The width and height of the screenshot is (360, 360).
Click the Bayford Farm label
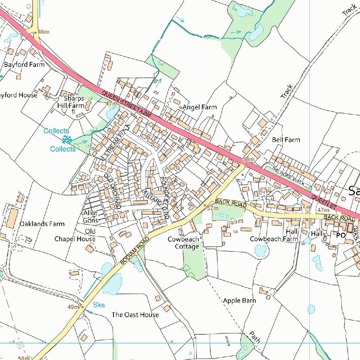tap(24, 65)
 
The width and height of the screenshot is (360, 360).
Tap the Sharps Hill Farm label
tap(73, 102)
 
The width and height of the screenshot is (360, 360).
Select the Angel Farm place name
tap(199, 107)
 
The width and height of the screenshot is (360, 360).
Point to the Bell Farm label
tap(286, 140)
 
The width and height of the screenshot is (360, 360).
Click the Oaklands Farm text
tap(42, 224)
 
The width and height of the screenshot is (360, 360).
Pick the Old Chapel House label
tap(75, 235)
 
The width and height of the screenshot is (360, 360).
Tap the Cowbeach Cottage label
tap(183, 243)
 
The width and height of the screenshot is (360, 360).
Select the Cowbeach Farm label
tap(274, 239)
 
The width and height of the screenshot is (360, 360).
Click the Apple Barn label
tap(239, 301)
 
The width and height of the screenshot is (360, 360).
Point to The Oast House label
tap(135, 315)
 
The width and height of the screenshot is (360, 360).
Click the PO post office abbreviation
tap(341, 236)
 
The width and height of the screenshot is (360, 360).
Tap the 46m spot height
tap(43, 32)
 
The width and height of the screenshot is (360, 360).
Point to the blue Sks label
tap(99, 305)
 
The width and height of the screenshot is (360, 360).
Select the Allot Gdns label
tap(90, 217)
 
